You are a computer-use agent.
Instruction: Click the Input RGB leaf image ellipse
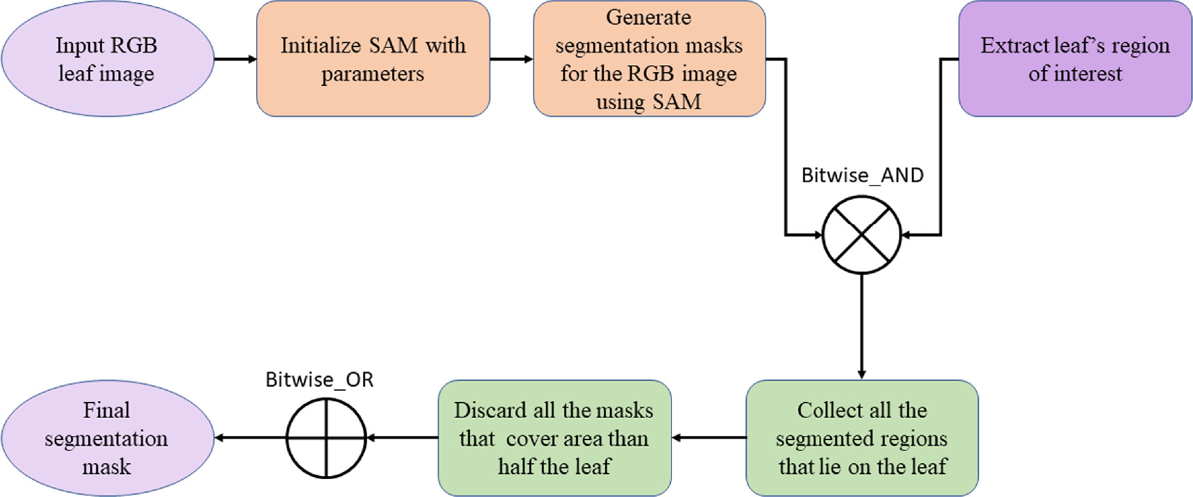point(108,59)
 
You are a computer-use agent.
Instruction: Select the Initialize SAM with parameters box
point(373,59)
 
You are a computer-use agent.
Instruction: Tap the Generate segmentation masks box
point(649,59)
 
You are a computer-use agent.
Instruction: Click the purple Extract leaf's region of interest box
point(1074,59)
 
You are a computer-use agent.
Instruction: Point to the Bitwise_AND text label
point(862,175)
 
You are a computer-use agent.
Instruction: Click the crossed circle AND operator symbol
point(861,235)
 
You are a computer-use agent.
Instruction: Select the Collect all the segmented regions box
point(862,438)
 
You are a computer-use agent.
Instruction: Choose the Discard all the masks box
point(554,438)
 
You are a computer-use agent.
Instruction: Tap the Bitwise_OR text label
point(319,380)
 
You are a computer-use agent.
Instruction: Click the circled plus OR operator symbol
point(326,438)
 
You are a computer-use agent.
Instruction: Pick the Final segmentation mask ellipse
point(108,438)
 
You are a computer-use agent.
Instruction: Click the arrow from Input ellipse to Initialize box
point(235,59)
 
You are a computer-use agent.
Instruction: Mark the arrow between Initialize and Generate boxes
point(511,59)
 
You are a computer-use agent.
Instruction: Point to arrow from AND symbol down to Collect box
point(861,326)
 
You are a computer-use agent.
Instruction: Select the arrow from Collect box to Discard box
point(709,438)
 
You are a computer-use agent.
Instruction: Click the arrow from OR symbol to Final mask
point(250,438)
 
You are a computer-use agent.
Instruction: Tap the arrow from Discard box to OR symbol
point(403,438)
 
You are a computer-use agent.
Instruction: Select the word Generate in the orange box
point(648,17)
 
